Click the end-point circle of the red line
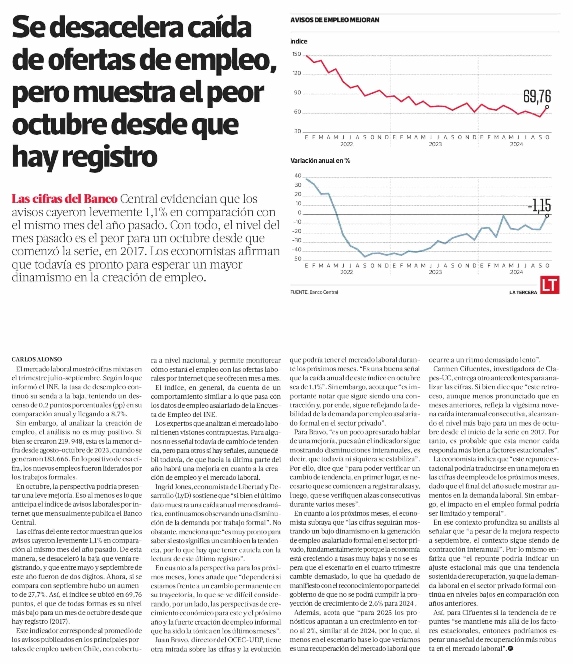pos(547,107)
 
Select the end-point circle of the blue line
pos(547,216)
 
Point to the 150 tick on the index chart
pos(297,54)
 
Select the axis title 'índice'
pos(299,41)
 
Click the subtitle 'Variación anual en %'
pos(320,160)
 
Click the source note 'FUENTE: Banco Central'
pos(314,292)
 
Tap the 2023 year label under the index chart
pos(435,144)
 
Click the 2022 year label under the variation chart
pos(346,272)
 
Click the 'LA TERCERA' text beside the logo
pos(523,292)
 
